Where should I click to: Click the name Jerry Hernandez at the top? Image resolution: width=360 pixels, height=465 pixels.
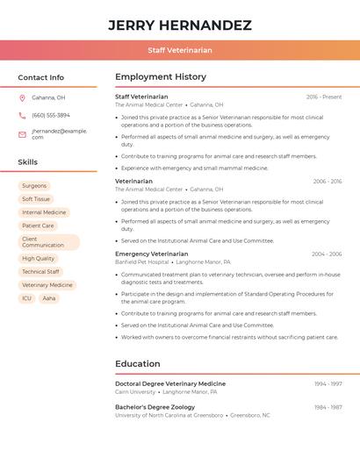[x=180, y=25]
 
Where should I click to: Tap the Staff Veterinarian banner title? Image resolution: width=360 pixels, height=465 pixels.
[x=180, y=50]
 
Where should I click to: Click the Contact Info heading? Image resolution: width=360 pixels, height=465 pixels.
[x=40, y=77]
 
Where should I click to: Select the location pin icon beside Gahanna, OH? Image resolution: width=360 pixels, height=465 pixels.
[x=22, y=97]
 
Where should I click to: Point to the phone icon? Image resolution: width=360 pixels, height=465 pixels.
[x=22, y=115]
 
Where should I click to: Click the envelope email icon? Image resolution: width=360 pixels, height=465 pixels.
[x=22, y=134]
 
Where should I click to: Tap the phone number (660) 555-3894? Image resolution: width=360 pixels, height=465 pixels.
[x=51, y=115]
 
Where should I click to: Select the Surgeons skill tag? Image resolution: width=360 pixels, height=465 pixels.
[x=34, y=186]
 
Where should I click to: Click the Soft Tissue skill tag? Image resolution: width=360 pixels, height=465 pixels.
[x=36, y=199]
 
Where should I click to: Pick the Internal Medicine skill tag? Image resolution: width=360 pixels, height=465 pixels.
[x=44, y=212]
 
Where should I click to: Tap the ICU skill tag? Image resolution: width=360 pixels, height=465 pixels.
[x=26, y=298]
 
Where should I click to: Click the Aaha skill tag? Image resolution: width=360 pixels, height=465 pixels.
[x=49, y=298]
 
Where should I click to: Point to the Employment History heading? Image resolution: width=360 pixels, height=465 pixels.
[x=161, y=77]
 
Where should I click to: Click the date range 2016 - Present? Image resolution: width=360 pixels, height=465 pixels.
[x=324, y=97]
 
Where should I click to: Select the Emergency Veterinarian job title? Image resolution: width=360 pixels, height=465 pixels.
[x=151, y=254]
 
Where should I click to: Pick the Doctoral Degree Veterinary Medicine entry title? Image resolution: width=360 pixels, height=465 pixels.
[x=170, y=383]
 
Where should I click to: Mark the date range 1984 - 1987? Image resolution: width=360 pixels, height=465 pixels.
[x=328, y=407]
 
